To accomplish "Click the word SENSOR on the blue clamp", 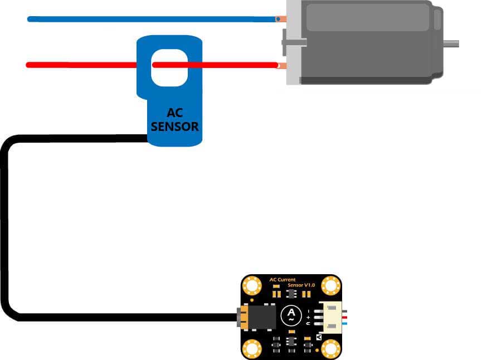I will [x=174, y=127].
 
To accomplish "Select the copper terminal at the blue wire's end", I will [x=281, y=19].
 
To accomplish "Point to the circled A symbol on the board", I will [x=290, y=315].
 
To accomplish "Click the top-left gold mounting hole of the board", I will [x=252, y=286].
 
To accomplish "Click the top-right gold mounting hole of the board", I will [x=330, y=286].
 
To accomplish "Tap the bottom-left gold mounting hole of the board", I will [x=252, y=349].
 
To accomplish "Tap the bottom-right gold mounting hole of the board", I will [x=330, y=349].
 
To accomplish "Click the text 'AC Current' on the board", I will [x=282, y=280].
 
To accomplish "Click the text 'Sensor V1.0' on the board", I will [x=301, y=285].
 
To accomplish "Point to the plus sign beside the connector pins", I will [x=308, y=317].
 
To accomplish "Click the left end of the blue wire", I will [x=30, y=19].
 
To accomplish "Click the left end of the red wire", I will [x=28, y=65].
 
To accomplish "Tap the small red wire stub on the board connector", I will [x=345, y=317].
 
